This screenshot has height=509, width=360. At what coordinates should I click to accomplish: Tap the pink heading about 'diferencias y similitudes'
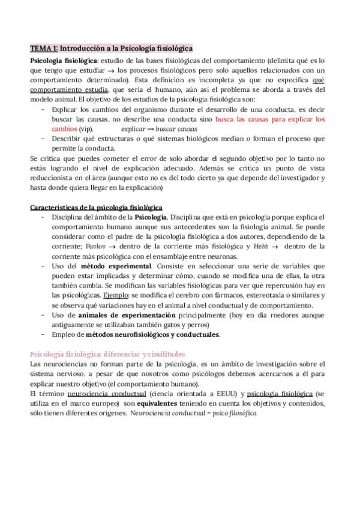(x=107, y=354)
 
